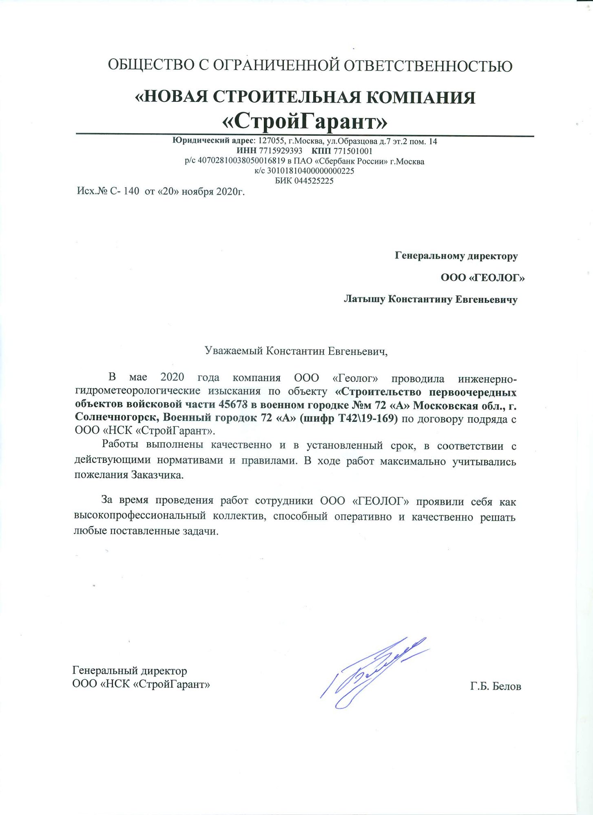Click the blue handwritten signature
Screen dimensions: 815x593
(373, 672)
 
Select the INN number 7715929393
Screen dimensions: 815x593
(280, 151)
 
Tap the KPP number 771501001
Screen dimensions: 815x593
(353, 151)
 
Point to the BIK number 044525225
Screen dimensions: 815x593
(314, 181)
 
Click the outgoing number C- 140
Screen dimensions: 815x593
(124, 191)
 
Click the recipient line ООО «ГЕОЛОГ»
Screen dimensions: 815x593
(482, 278)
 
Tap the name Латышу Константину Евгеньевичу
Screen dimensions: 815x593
(431, 300)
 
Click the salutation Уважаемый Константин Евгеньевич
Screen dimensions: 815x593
(296, 351)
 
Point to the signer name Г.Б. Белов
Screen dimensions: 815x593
(496, 687)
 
